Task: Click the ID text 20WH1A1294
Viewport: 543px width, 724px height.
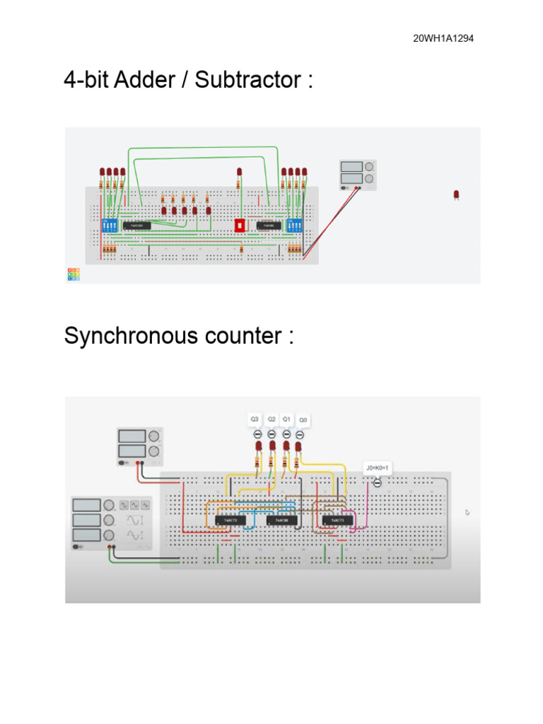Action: (x=443, y=38)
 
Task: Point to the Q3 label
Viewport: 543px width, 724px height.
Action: (x=255, y=419)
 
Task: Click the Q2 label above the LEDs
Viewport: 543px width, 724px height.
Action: (x=271, y=419)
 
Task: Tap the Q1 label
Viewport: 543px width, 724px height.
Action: (x=286, y=419)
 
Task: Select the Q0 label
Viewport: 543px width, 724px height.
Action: (x=303, y=420)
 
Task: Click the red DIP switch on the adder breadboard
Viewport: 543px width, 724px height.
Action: (x=239, y=226)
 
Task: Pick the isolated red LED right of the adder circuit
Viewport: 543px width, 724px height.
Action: (x=456, y=194)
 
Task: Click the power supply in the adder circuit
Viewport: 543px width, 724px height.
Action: (x=357, y=175)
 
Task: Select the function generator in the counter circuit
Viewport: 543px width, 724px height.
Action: (x=112, y=522)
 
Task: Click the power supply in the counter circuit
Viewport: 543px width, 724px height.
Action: (x=140, y=445)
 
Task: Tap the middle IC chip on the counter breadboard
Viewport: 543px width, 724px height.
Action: (x=277, y=520)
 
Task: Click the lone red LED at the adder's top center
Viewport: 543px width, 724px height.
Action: (x=239, y=173)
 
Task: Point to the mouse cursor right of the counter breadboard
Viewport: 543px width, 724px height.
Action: (x=467, y=512)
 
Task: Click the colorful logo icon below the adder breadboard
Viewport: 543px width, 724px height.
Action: (x=74, y=274)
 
